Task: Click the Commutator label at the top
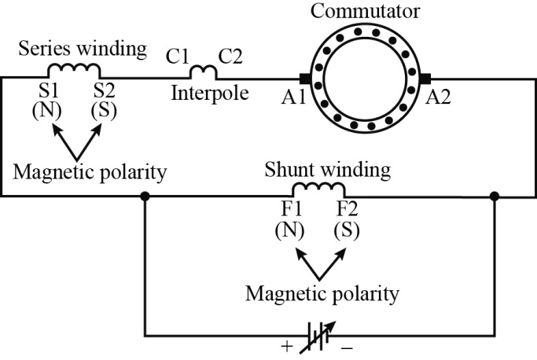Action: coord(365,11)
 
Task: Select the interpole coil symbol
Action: coord(204,73)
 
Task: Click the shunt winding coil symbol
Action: coord(318,190)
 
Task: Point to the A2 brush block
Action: coord(427,79)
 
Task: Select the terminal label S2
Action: coord(105,90)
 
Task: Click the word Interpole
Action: coord(210,94)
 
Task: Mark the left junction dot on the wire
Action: coord(145,197)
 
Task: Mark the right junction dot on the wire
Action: coord(495,197)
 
